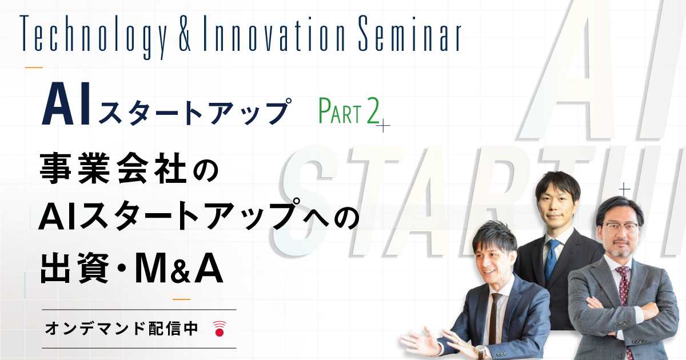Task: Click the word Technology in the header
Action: click(x=94, y=37)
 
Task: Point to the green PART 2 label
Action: click(x=349, y=111)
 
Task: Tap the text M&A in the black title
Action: click(x=179, y=269)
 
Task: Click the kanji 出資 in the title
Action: click(x=74, y=269)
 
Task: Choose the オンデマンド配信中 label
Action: click(x=121, y=329)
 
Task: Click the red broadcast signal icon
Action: click(x=220, y=329)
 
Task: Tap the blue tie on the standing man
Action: click(x=552, y=260)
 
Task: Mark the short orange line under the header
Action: click(x=34, y=67)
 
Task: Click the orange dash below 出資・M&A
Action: click(x=182, y=299)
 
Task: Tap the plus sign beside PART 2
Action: click(x=383, y=126)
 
